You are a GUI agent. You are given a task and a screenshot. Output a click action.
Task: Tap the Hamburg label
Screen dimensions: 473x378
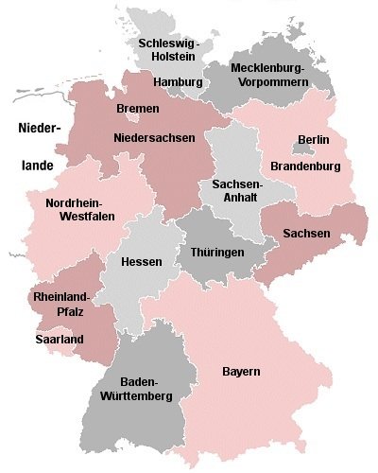178,82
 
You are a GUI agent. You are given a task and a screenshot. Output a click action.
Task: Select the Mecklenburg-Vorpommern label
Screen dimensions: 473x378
256,76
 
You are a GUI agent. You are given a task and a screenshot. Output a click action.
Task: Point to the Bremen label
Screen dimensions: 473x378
137,110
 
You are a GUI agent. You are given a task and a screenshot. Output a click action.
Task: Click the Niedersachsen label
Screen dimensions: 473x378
154,138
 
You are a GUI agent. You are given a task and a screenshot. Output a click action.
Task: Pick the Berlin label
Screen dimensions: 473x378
313,140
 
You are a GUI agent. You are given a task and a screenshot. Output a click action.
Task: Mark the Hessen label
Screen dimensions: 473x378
142,261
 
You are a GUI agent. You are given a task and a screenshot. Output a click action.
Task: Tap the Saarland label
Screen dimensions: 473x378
59,339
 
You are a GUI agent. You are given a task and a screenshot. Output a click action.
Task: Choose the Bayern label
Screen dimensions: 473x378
241,370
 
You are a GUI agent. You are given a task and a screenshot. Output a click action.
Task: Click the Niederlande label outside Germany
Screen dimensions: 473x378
37,146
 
